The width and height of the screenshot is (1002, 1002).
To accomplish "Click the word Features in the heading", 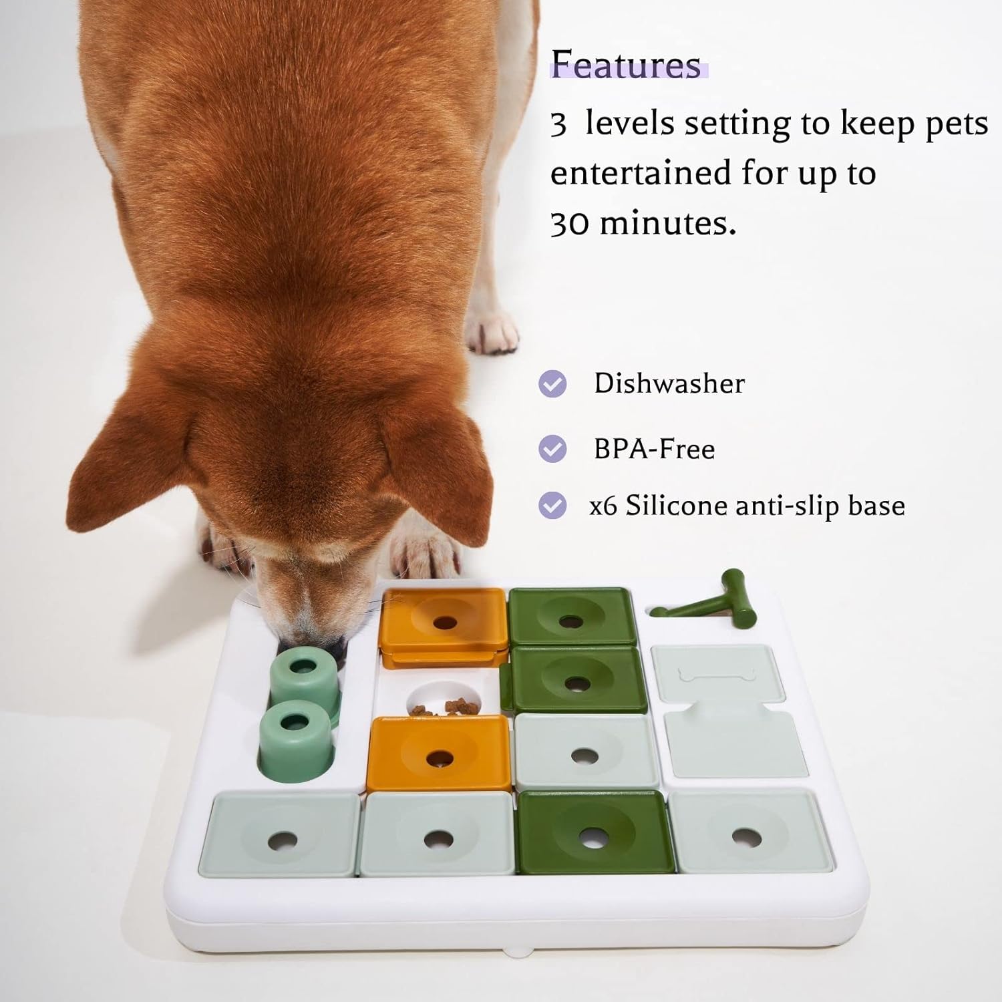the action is click(x=626, y=64).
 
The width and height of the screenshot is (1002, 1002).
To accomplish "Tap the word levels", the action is click(x=630, y=124).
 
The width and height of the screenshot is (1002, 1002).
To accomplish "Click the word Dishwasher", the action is click(x=669, y=383).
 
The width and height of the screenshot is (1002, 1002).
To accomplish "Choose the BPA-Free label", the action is click(x=654, y=449).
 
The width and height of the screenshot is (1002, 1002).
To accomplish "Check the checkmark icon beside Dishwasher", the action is click(x=552, y=384).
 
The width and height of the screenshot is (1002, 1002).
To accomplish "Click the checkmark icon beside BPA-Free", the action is click(x=552, y=449).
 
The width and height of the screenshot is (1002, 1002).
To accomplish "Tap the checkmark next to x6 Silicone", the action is click(x=552, y=506).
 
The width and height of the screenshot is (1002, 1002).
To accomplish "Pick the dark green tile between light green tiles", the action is click(x=594, y=832).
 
